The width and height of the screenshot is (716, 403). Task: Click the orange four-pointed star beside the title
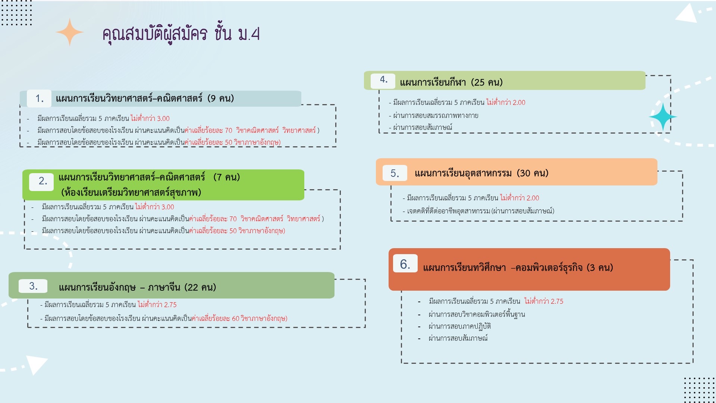[70, 32]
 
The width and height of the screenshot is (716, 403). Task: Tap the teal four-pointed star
[663, 117]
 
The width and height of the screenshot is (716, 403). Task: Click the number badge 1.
[39, 99]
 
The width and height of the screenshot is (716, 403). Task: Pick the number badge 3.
[33, 286]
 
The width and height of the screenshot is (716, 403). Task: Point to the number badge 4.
[383, 80]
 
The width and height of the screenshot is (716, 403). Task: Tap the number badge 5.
[395, 173]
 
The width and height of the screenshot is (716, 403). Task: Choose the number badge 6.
[405, 264]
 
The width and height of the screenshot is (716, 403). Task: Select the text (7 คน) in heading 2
[227, 177]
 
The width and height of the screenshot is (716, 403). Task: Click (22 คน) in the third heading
[201, 287]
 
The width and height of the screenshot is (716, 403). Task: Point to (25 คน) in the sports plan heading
[487, 82]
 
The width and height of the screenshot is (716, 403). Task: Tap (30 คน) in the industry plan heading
[533, 173]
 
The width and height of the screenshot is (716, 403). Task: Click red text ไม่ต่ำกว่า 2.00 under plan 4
[506, 103]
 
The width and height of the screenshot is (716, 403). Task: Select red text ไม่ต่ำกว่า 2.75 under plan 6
[544, 302]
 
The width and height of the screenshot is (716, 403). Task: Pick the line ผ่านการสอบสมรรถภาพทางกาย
[436, 116]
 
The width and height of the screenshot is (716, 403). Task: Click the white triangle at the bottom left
[36, 364]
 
